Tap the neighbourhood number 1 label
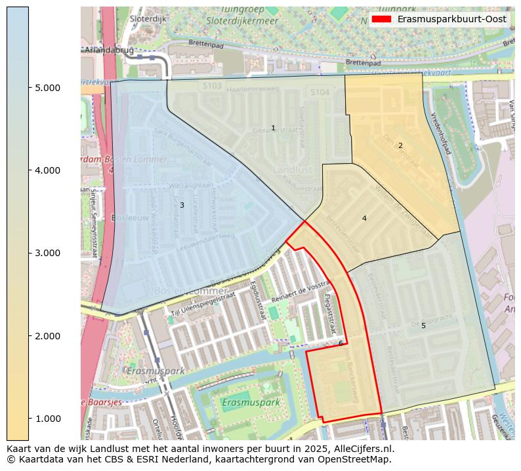[x=273, y=128]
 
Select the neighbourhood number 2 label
[x=400, y=145]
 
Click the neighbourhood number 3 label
[x=182, y=205]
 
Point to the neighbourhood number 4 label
[x=364, y=218]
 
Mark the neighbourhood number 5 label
[x=423, y=326]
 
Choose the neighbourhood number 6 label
[x=341, y=343]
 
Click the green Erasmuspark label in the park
[x=250, y=402]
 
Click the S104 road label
[x=320, y=93]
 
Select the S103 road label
[x=212, y=86]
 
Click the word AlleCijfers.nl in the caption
[x=364, y=449]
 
